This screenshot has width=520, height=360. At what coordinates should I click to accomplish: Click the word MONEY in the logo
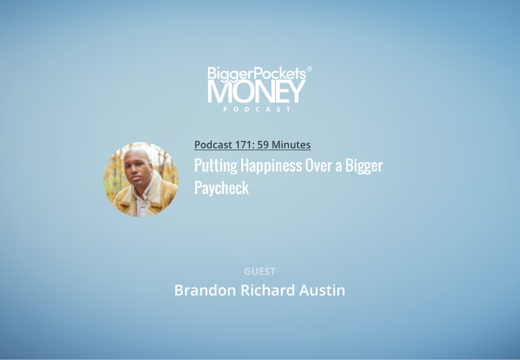click(x=256, y=91)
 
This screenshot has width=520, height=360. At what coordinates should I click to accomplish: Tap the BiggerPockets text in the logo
click(x=257, y=74)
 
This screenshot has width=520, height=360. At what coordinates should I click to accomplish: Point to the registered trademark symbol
click(x=309, y=69)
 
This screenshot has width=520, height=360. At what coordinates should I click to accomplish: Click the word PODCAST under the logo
click(x=257, y=109)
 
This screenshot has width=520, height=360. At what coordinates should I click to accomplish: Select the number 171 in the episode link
click(x=245, y=145)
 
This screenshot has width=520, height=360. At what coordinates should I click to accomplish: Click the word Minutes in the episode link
click(x=291, y=145)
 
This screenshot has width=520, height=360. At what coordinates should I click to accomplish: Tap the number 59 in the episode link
click(x=263, y=145)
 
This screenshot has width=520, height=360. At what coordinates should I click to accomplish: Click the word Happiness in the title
click(x=271, y=166)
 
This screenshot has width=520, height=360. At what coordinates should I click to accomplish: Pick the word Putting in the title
click(x=216, y=166)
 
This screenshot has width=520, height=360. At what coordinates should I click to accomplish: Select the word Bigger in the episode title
click(x=364, y=166)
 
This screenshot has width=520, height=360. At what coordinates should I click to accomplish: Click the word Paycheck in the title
click(x=222, y=188)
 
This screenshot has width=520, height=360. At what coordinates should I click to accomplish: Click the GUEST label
click(x=259, y=271)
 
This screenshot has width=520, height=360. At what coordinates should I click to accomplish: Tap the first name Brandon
click(x=205, y=290)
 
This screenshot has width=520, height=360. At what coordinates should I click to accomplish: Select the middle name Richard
click(x=268, y=290)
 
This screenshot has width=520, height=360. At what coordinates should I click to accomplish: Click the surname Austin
click(x=322, y=290)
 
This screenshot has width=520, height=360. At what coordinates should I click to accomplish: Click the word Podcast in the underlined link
click(x=213, y=145)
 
